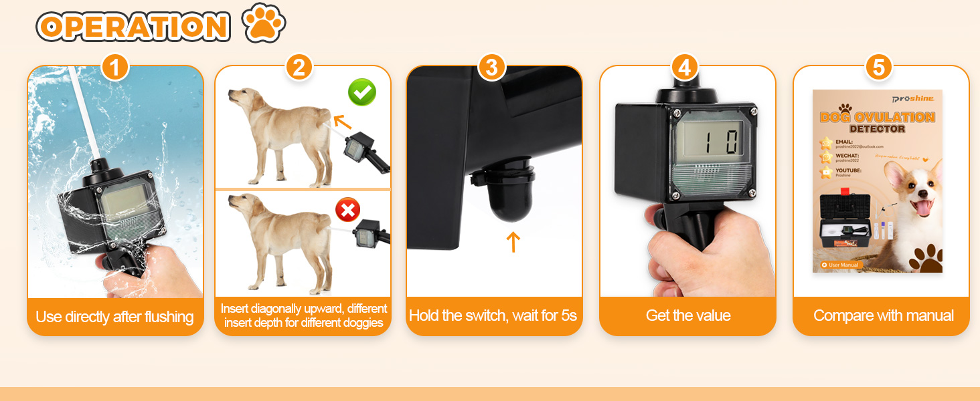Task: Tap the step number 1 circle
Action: tap(115, 68)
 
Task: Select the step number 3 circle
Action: tap(492, 68)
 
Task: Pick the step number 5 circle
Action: tap(879, 68)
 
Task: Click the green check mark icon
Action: tap(362, 93)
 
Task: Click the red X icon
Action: tap(347, 211)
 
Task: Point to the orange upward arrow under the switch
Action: tap(513, 242)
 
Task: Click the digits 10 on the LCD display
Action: tap(712, 142)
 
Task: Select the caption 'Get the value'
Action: tap(688, 316)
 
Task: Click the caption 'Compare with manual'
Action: tap(883, 316)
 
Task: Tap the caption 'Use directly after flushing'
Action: tap(114, 317)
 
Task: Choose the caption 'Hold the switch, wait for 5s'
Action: tap(493, 316)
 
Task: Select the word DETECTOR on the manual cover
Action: tap(876, 128)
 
